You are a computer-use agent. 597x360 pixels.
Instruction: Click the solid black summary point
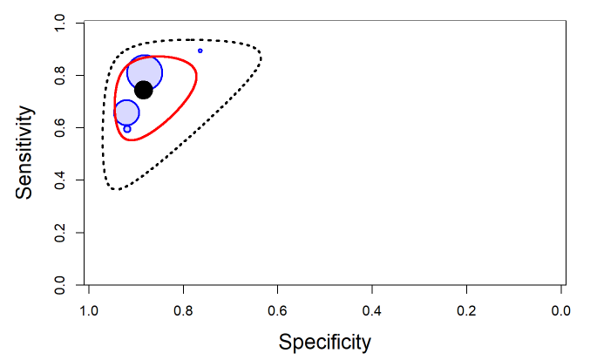point(144,90)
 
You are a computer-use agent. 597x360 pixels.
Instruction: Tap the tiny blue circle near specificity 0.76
point(200,51)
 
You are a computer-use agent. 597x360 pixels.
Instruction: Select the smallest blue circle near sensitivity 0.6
point(127,129)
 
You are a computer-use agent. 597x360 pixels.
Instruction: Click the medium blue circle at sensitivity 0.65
point(127,112)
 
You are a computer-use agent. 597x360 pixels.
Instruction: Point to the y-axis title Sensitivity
point(27,153)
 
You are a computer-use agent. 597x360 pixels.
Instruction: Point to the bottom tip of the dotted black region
point(116,189)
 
